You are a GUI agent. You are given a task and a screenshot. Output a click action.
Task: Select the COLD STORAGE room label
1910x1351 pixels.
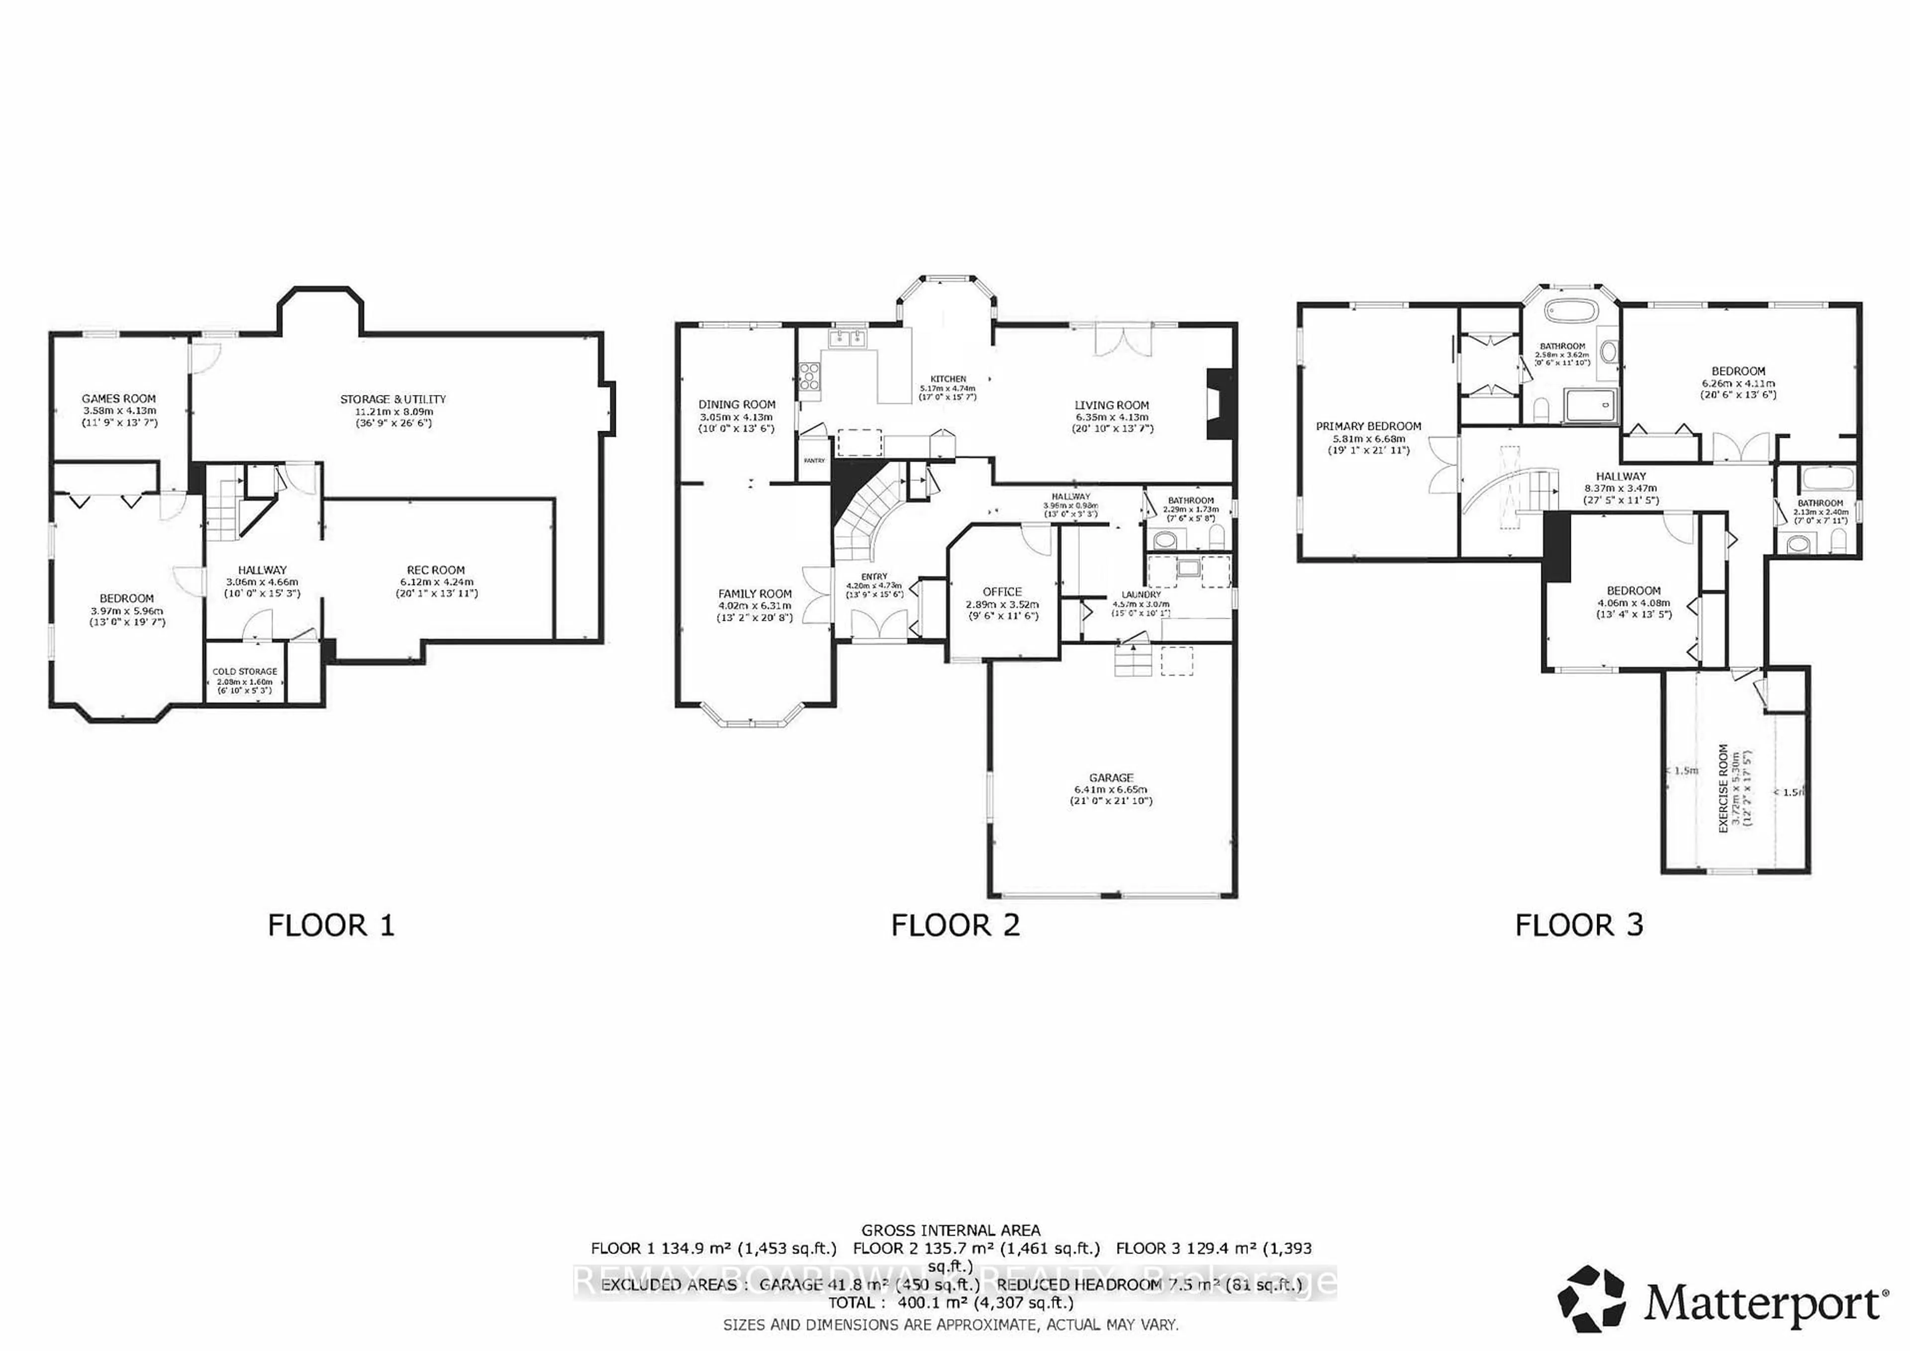click(x=245, y=672)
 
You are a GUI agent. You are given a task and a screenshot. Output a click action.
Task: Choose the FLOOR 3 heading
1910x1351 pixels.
click(x=1579, y=925)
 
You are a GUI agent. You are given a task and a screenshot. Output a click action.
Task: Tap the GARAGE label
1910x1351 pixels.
click(x=1111, y=778)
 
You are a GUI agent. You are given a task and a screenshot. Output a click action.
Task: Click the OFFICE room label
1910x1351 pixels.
click(x=1002, y=591)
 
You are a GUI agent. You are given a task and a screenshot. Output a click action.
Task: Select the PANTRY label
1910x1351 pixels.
click(x=814, y=460)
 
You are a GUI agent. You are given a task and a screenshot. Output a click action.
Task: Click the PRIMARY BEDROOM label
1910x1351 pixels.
click(x=1368, y=426)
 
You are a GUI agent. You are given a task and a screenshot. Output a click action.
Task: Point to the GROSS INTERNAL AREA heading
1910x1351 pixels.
click(x=950, y=1230)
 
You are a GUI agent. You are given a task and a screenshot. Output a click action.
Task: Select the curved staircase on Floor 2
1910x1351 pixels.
click(x=867, y=516)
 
